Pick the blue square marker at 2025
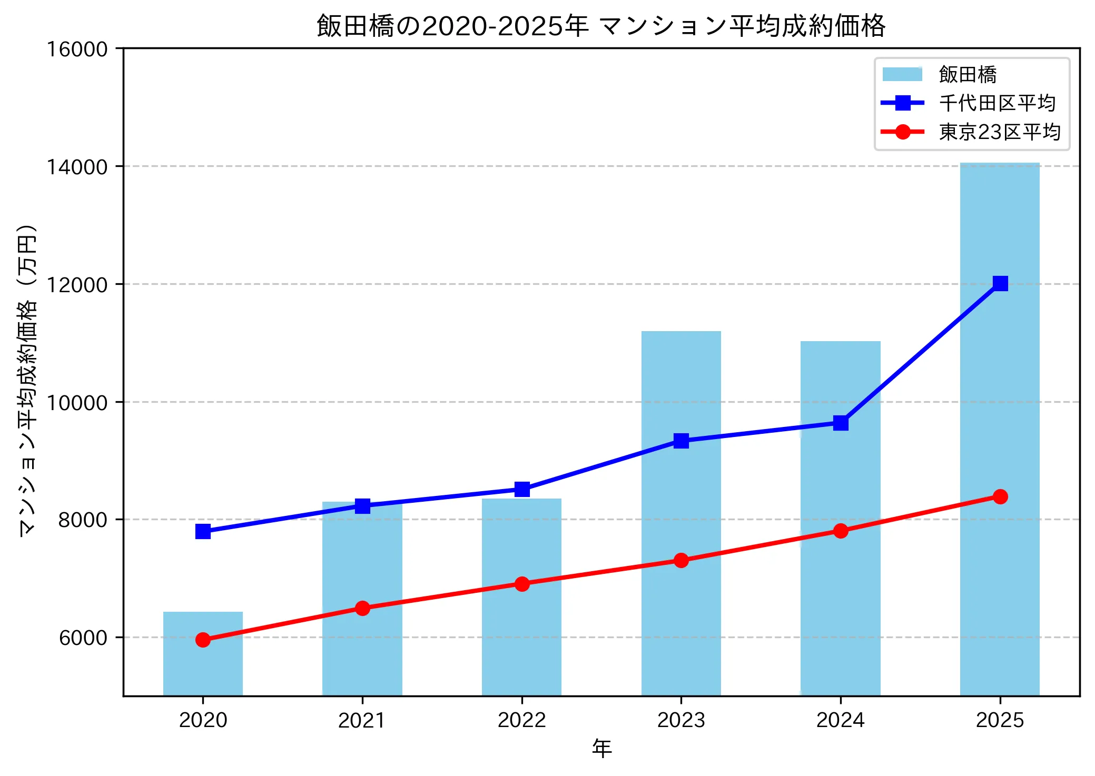pyautogui.click(x=1000, y=283)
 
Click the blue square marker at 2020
pyautogui.click(x=203, y=531)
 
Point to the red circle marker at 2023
pyautogui.click(x=681, y=560)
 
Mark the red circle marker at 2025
pyautogui.click(x=1000, y=496)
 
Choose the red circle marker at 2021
pyautogui.click(x=362, y=608)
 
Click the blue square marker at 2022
pyautogui.click(x=522, y=489)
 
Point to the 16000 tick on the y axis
pyautogui.click(x=77, y=49)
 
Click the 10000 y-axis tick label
pyautogui.click(x=77, y=402)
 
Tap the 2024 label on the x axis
pyautogui.click(x=841, y=720)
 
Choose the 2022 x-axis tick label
pyautogui.click(x=522, y=720)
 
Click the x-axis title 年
pyautogui.click(x=601, y=748)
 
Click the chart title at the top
pyautogui.click(x=601, y=25)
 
